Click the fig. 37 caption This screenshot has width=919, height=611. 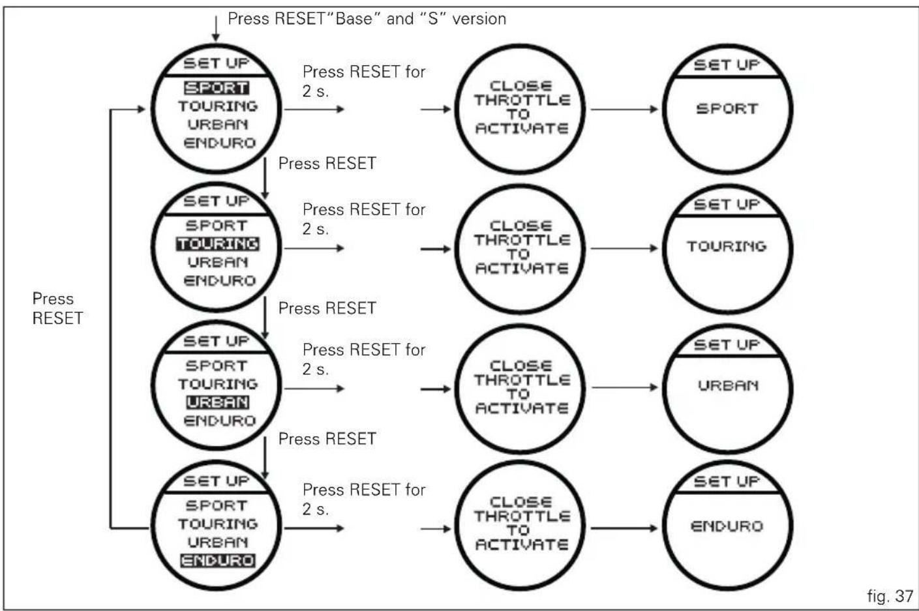click(890, 596)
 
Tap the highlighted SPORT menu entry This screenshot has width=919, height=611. click(216, 88)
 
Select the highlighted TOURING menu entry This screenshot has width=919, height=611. click(217, 244)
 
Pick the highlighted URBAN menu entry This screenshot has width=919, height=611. click(217, 402)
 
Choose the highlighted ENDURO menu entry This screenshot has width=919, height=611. click(217, 561)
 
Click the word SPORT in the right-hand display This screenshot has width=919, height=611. click(727, 109)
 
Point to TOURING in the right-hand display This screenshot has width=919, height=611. click(727, 246)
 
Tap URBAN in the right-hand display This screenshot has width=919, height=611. click(729, 385)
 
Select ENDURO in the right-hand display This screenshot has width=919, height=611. click(727, 526)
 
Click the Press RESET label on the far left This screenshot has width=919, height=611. click(57, 308)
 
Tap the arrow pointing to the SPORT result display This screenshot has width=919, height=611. click(624, 109)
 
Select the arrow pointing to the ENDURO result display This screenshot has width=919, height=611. click(624, 528)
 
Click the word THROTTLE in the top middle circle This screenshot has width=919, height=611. click(522, 100)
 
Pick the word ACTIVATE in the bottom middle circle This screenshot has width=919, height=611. click(522, 544)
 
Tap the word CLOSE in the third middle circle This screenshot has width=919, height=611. click(521, 366)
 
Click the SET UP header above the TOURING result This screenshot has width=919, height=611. click(727, 204)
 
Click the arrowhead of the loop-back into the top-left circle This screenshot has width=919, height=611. click(142, 109)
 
